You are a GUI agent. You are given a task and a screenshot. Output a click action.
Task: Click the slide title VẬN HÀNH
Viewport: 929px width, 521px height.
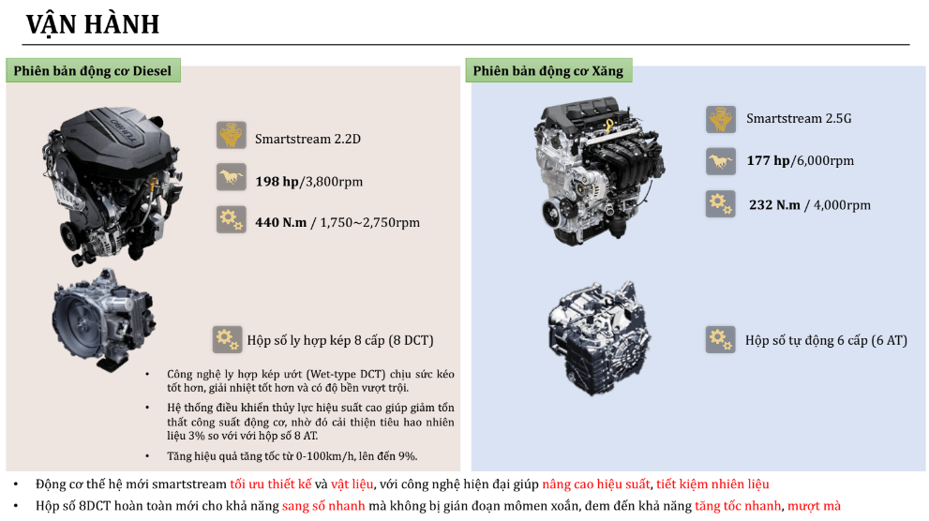click(93, 24)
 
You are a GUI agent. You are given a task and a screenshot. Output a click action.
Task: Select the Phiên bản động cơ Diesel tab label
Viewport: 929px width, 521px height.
click(93, 70)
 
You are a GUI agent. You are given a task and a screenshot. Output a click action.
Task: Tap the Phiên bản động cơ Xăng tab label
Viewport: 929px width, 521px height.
click(547, 70)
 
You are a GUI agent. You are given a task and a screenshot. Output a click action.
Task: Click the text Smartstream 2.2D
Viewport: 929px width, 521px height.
click(307, 140)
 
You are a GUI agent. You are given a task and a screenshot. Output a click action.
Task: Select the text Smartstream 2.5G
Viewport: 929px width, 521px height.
click(799, 119)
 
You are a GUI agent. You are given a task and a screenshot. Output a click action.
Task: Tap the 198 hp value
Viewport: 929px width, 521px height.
click(277, 181)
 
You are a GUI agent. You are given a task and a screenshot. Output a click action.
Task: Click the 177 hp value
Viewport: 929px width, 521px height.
click(769, 160)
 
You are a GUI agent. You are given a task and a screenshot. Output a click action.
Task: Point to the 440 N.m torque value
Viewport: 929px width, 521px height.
click(282, 222)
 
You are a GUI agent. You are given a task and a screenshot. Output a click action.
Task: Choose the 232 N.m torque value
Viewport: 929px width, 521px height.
click(774, 205)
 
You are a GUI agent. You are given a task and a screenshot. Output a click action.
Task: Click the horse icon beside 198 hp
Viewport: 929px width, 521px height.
click(231, 177)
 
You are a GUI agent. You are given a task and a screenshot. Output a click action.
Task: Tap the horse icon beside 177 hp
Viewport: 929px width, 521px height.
click(720, 161)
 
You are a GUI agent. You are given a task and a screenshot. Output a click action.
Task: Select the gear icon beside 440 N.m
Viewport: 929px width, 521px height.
click(231, 219)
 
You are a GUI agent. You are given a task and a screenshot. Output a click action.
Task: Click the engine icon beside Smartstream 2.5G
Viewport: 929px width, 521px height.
click(720, 119)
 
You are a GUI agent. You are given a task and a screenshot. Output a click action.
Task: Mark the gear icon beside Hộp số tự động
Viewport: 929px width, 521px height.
click(720, 339)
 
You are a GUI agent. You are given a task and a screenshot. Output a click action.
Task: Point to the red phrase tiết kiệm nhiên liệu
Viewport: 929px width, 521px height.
click(712, 484)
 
